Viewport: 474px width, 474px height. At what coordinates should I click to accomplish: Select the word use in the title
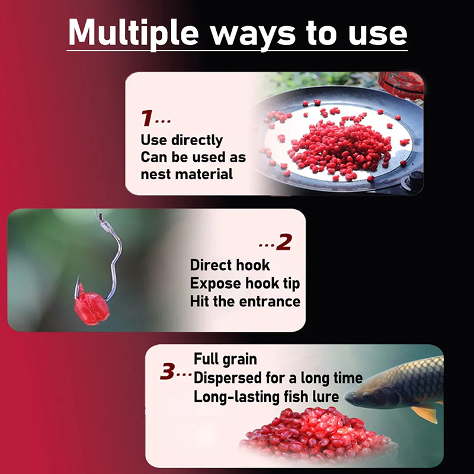point(377,34)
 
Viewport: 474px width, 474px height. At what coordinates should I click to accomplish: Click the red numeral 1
point(147,117)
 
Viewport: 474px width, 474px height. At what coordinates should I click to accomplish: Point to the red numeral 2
point(284,242)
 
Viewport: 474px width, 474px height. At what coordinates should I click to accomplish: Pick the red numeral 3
point(167,371)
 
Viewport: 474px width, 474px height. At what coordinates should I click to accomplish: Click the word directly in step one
point(197,140)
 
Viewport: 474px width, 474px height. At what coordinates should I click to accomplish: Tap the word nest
point(156,175)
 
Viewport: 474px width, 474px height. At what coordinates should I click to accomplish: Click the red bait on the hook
point(92,308)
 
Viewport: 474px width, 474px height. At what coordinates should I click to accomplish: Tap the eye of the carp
point(367,395)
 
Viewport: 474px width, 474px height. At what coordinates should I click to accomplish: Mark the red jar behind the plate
point(401,85)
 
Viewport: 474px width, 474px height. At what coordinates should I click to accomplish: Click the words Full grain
point(225,360)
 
